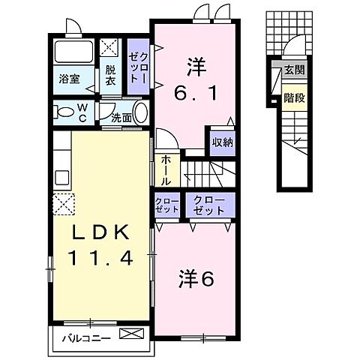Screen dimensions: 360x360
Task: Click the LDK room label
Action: (x=100, y=233)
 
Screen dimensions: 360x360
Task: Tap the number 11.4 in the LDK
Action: (x=100, y=258)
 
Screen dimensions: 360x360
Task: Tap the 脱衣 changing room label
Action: (x=109, y=74)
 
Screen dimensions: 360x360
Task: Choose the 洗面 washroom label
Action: (x=121, y=117)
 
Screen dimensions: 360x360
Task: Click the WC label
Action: (x=85, y=114)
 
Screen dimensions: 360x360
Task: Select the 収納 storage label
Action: (x=223, y=141)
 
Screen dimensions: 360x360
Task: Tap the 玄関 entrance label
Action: (x=294, y=71)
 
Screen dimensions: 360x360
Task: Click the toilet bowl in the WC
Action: (x=63, y=112)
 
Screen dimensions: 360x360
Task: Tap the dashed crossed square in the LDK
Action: (x=63, y=202)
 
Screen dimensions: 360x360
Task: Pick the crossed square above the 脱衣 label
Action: (x=109, y=48)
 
